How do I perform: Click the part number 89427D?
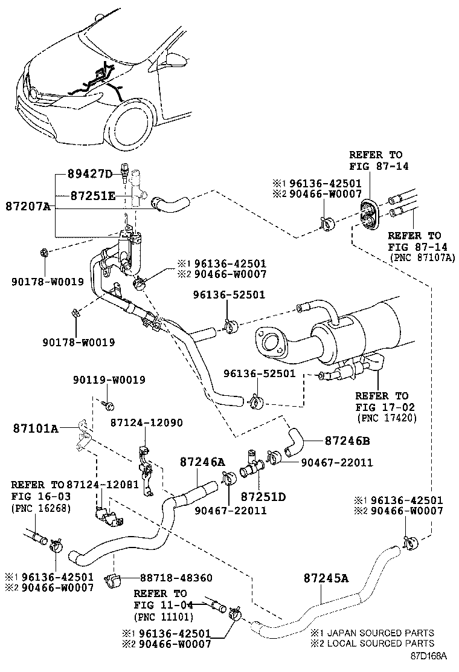tap(88, 175)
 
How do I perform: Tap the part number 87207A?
tap(28, 207)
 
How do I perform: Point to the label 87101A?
tap(36, 429)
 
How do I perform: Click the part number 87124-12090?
tap(146, 423)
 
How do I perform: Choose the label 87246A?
tap(202, 462)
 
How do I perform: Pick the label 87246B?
tap(347, 441)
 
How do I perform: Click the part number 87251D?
tap(263, 497)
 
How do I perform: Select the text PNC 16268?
tap(40, 508)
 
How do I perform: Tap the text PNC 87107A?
tap(423, 257)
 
